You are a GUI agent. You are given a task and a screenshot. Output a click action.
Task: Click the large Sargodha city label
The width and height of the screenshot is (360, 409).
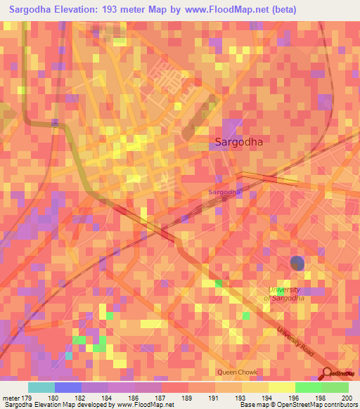239,141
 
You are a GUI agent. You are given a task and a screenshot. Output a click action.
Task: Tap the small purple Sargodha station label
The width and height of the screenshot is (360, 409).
224,192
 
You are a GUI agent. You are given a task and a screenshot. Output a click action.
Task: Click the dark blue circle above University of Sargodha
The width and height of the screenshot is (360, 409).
297,264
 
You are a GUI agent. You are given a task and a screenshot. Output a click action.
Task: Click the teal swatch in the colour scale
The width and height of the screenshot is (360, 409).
41,387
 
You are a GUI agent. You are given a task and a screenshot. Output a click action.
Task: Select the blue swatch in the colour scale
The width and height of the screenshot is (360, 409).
68,387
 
